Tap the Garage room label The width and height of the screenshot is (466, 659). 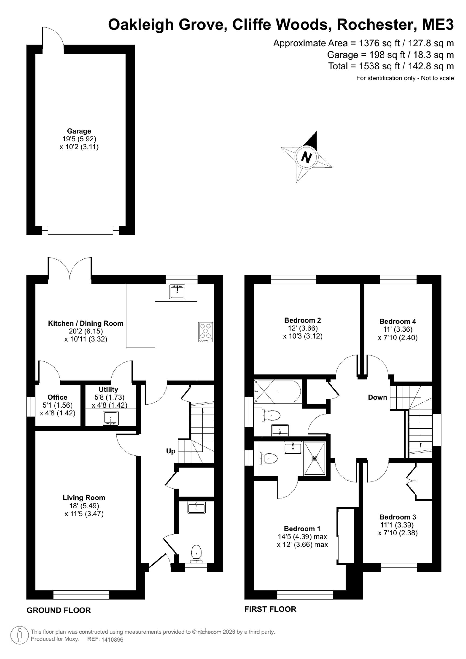click(x=79, y=131)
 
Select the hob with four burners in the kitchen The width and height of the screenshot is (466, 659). click(x=206, y=332)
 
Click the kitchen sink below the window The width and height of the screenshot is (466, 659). click(x=177, y=292)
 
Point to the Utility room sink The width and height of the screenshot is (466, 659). click(x=110, y=418)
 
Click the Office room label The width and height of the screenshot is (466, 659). click(x=57, y=397)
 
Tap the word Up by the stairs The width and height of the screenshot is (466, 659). click(x=171, y=451)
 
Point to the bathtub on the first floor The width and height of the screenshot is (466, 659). click(x=277, y=391)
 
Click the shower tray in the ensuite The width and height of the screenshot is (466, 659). click(x=315, y=458)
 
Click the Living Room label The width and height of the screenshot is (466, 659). click(x=84, y=498)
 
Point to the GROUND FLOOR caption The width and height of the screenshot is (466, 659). click(x=59, y=610)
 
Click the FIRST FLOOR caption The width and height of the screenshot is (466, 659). click(x=270, y=609)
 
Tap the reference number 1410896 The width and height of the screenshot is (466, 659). click(x=112, y=639)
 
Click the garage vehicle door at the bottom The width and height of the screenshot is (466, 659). click(x=80, y=230)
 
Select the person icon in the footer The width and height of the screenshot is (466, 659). click(x=20, y=635)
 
